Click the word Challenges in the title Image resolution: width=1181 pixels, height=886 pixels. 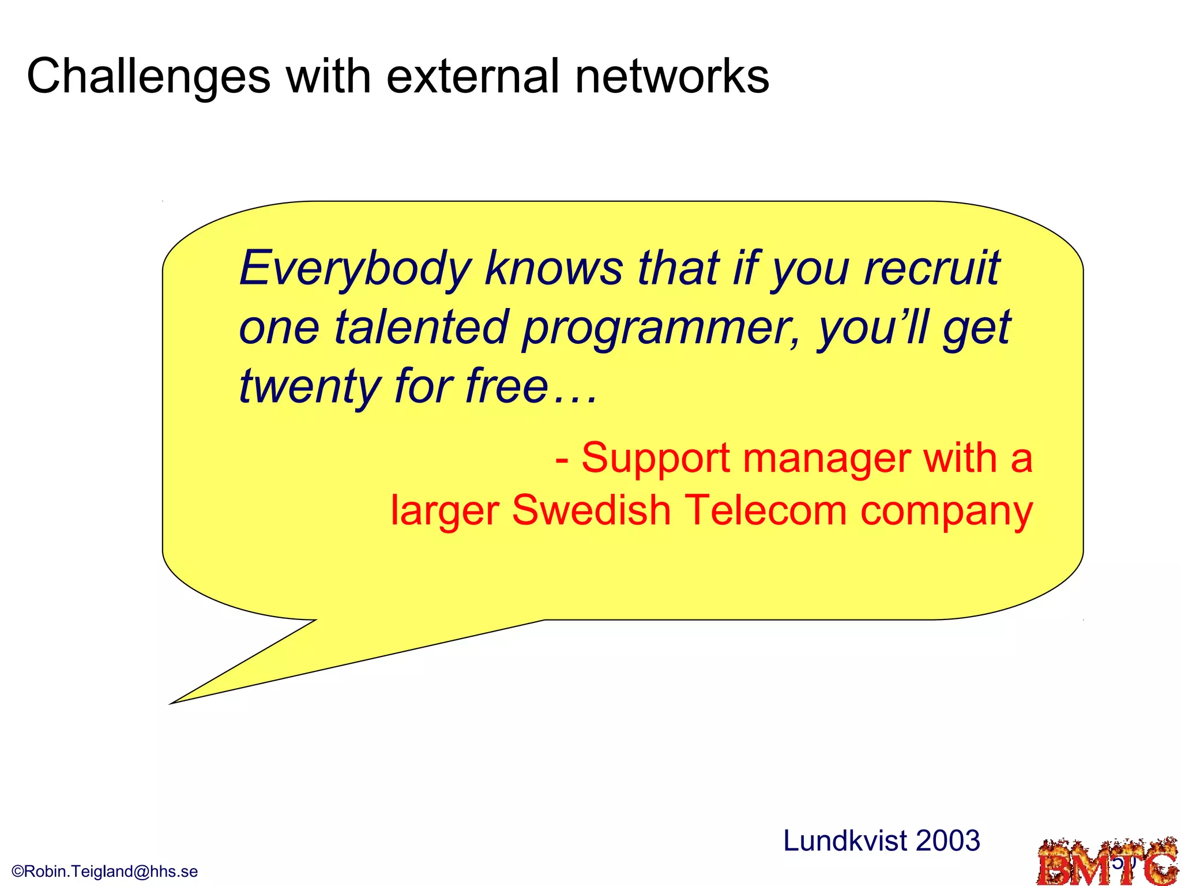tap(149, 77)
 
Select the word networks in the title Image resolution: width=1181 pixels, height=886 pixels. tap(672, 77)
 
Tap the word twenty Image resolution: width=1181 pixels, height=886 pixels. tap(309, 386)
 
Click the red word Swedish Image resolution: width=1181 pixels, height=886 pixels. tap(591, 510)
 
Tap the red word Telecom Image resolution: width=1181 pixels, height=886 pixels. tap(765, 510)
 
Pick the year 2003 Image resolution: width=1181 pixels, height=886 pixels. tap(947, 841)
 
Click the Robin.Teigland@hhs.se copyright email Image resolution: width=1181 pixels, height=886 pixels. tap(105, 871)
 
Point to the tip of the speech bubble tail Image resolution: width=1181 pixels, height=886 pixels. tap(171, 703)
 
